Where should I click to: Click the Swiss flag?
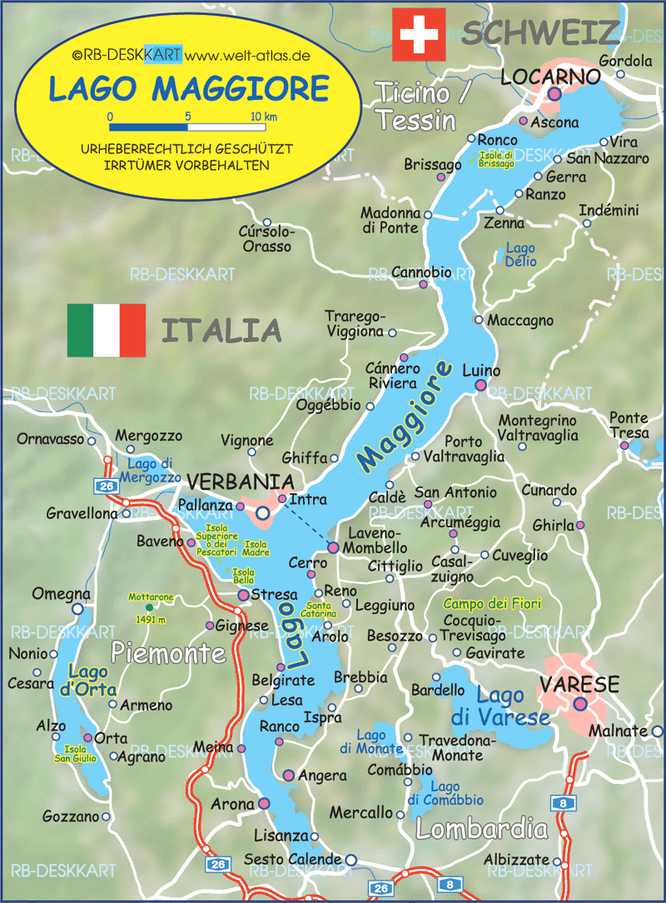point(419,33)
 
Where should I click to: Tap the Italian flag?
point(107,330)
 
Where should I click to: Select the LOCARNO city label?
point(550,77)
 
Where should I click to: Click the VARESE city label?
point(579,685)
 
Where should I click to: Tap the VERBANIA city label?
point(240,482)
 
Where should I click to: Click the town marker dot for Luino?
point(480,385)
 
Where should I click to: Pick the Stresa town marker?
point(243,596)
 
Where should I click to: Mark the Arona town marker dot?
point(264,803)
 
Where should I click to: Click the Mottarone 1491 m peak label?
point(150,607)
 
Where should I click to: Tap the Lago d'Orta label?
point(92,681)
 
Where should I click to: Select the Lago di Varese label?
point(500,706)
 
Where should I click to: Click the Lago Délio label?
point(521,255)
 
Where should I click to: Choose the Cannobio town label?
point(421,272)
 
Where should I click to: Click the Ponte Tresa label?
point(629,425)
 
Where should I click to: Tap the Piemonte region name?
point(168,652)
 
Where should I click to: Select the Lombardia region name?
point(482,829)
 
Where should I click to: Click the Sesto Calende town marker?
point(350,860)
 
